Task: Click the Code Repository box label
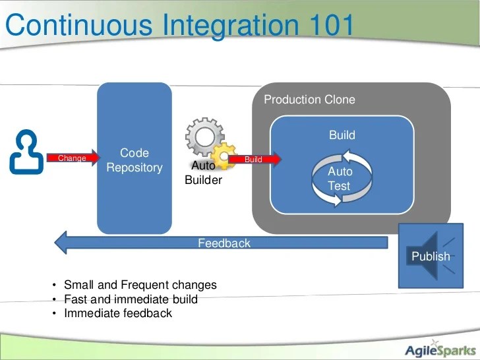coord(135,160)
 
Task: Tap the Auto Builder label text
coord(203,173)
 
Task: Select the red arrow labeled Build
coord(256,159)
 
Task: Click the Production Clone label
coord(309,100)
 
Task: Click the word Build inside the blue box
coord(342,135)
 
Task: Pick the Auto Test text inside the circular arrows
coord(340,179)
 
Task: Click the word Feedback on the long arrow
coord(224,243)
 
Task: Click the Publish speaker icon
coord(431,256)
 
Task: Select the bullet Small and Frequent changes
coord(140,285)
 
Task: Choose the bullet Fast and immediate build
coord(131,299)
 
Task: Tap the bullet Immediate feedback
coord(117,313)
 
